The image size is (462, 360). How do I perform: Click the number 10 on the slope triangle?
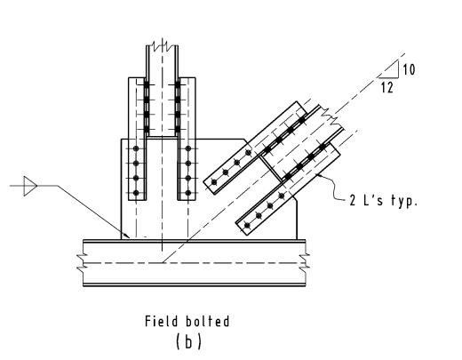(409, 69)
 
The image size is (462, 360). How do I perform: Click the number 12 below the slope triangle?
(387, 88)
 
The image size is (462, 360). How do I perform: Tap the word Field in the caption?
(162, 321)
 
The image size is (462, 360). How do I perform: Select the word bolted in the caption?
(208, 321)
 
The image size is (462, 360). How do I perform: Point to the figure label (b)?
(188, 341)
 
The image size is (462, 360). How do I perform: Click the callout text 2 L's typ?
(384, 201)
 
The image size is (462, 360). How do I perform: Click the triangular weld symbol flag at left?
(30, 186)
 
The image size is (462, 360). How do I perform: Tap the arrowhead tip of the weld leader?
(130, 237)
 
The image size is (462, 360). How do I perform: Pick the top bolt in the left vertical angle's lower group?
(136, 148)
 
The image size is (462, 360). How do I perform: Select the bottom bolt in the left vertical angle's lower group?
(136, 193)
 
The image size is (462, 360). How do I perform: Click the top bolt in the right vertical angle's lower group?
(188, 148)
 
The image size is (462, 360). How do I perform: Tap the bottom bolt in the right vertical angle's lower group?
(188, 193)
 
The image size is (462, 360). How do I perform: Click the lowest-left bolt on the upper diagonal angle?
(214, 181)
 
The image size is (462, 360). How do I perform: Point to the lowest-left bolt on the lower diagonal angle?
(247, 226)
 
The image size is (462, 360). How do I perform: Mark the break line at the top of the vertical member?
(162, 46)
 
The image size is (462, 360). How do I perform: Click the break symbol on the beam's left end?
(81, 262)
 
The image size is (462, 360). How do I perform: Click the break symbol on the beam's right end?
(305, 262)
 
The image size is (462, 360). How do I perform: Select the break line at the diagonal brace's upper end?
(332, 118)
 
